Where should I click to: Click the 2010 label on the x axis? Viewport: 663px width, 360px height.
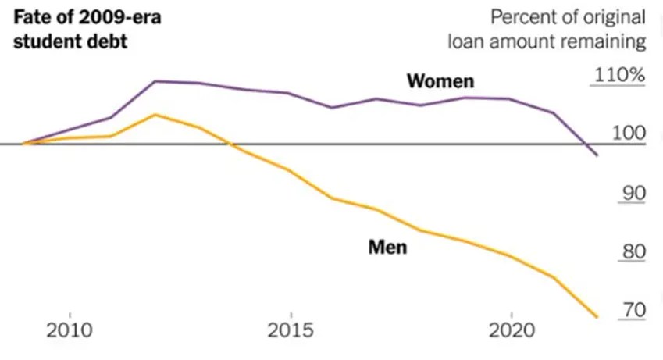70,330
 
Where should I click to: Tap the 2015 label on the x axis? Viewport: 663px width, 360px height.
291,330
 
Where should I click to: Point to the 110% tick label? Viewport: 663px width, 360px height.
620,76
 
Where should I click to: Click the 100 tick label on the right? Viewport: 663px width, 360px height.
629,134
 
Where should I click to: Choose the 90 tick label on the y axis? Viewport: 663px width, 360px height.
633,193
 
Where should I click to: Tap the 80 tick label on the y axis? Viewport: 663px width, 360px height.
633,251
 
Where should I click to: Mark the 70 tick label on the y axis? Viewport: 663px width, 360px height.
633,310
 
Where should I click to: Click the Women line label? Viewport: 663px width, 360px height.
440,81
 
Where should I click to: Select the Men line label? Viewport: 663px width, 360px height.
388,248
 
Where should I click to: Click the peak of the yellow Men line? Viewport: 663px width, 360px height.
155,115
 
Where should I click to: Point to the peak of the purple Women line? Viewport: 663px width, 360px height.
155,80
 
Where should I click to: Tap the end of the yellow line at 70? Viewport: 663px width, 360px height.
597,317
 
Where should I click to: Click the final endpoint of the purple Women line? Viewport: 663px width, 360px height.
597,155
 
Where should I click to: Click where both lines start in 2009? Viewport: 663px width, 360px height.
24,144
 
